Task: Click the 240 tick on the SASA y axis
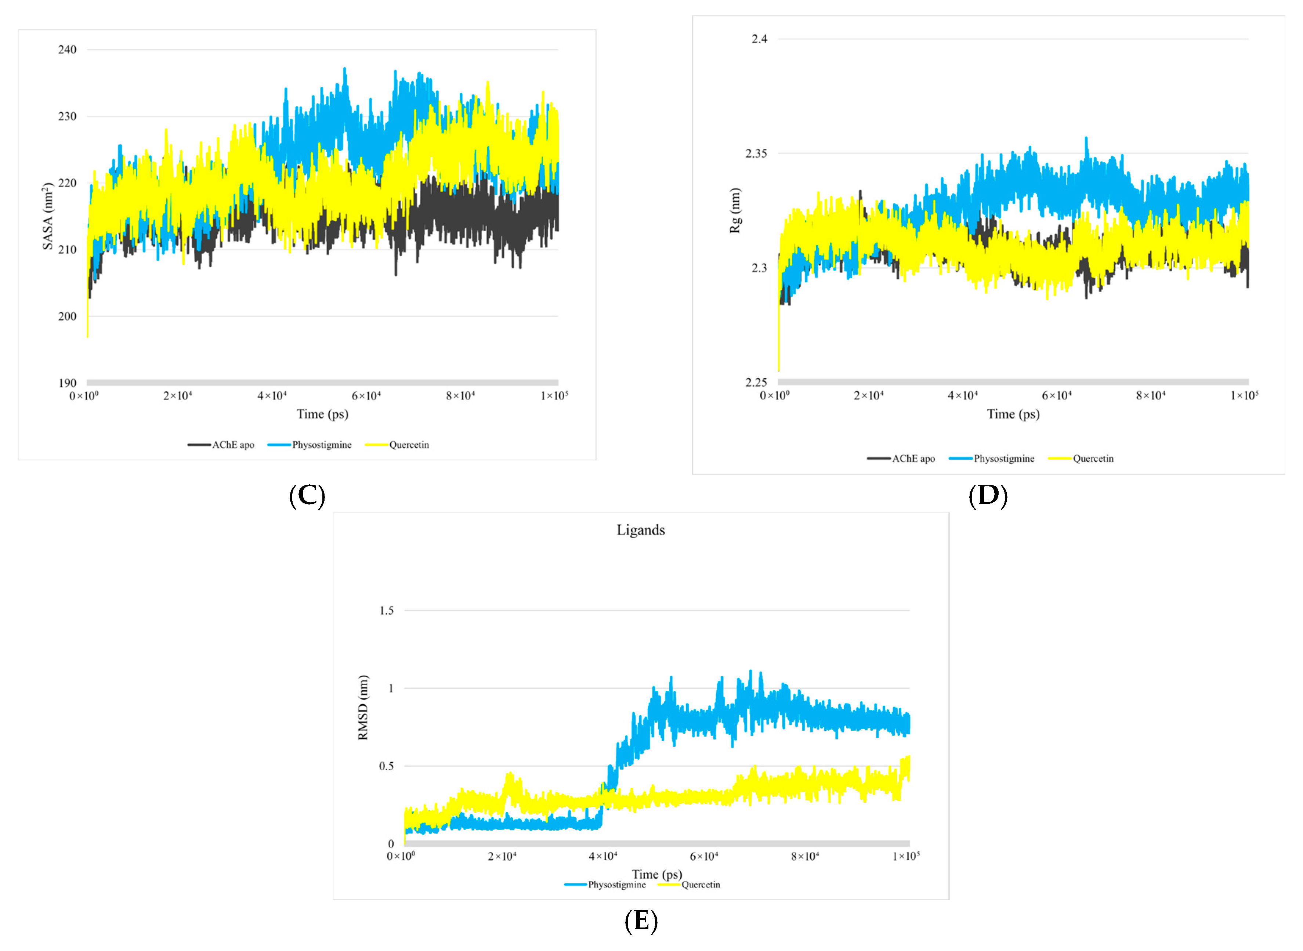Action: [67, 50]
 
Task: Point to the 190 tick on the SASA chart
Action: [67, 383]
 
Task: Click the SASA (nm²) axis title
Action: [48, 216]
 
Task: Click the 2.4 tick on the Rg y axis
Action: [759, 39]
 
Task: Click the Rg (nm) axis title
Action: [735, 210]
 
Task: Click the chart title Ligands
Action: [641, 530]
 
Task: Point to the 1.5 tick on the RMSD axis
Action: [387, 610]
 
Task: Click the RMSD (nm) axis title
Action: [363, 708]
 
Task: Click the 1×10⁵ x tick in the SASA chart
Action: [554, 396]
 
